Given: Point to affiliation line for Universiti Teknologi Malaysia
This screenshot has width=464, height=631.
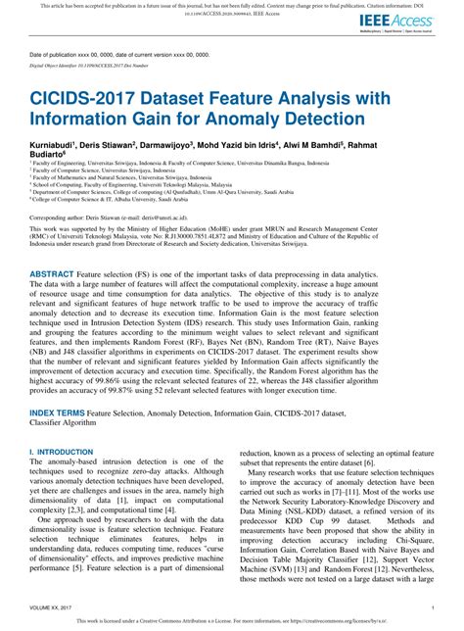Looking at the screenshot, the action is click(x=109, y=183).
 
